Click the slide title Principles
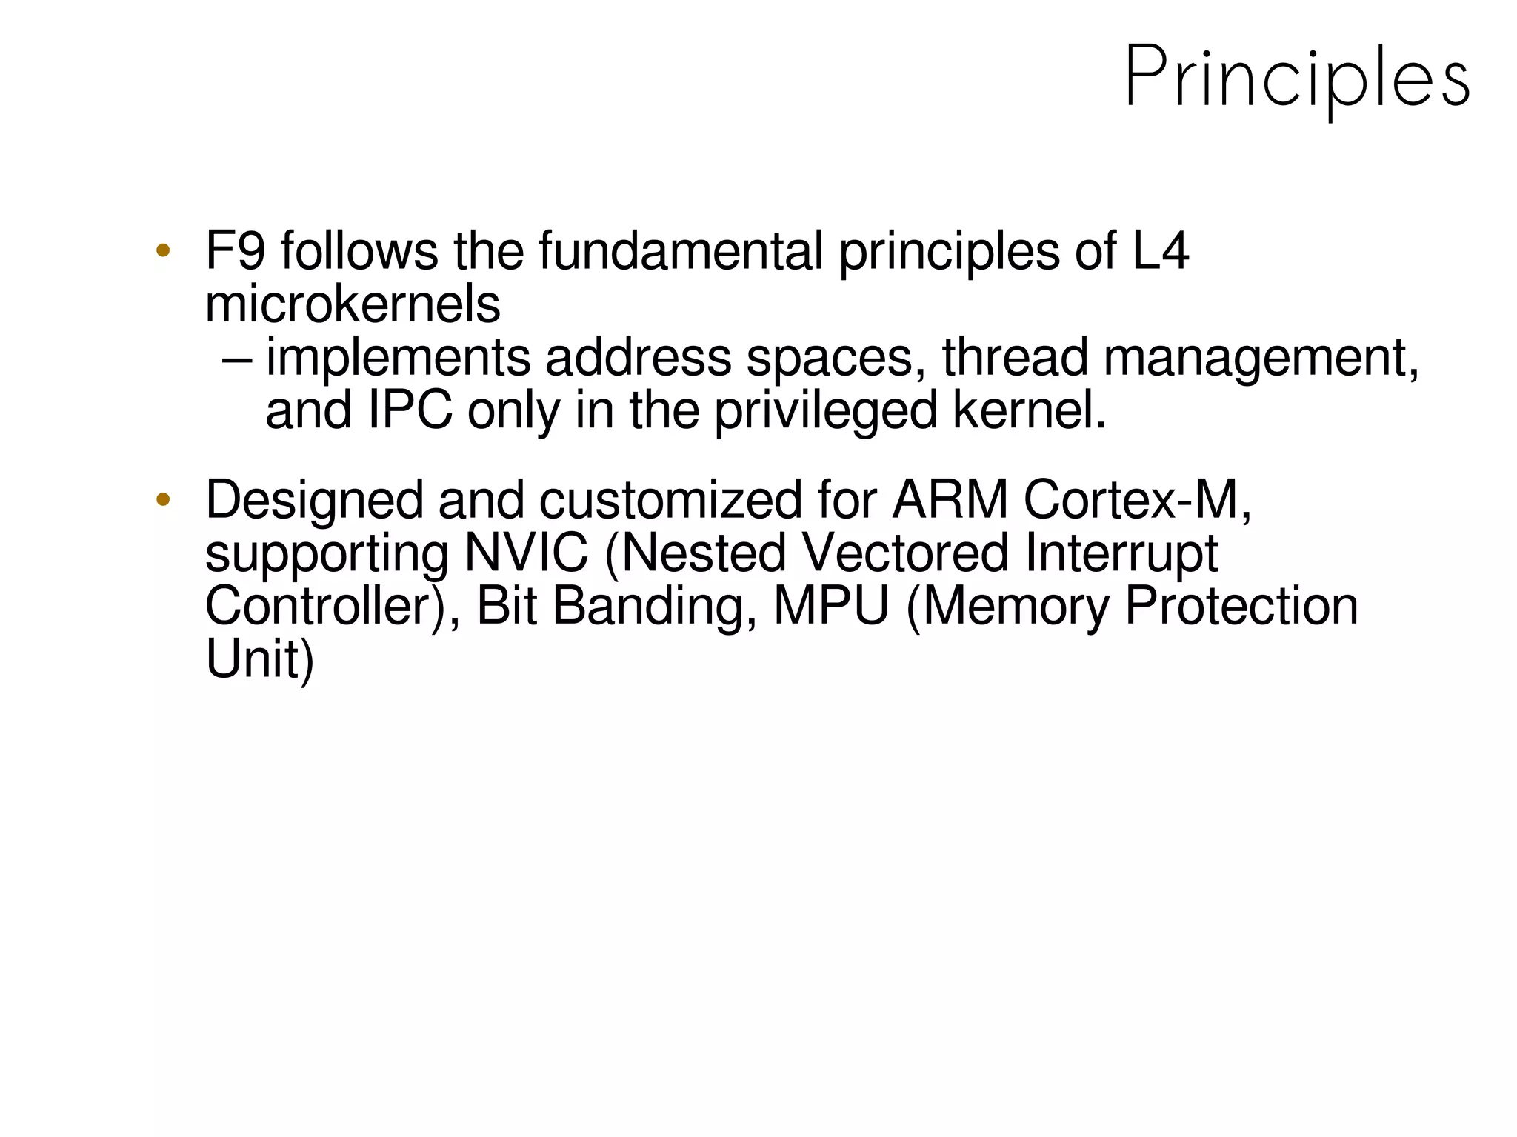[1296, 78]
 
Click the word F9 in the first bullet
[235, 251]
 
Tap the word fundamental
[681, 251]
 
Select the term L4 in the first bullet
[1161, 251]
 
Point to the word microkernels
[353, 304]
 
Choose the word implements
[398, 358]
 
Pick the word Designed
[314, 501]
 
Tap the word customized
[670, 500]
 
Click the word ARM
[950, 500]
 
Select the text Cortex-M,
[1138, 500]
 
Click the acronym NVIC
[526, 553]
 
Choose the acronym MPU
[831, 607]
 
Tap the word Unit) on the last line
[259, 659]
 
